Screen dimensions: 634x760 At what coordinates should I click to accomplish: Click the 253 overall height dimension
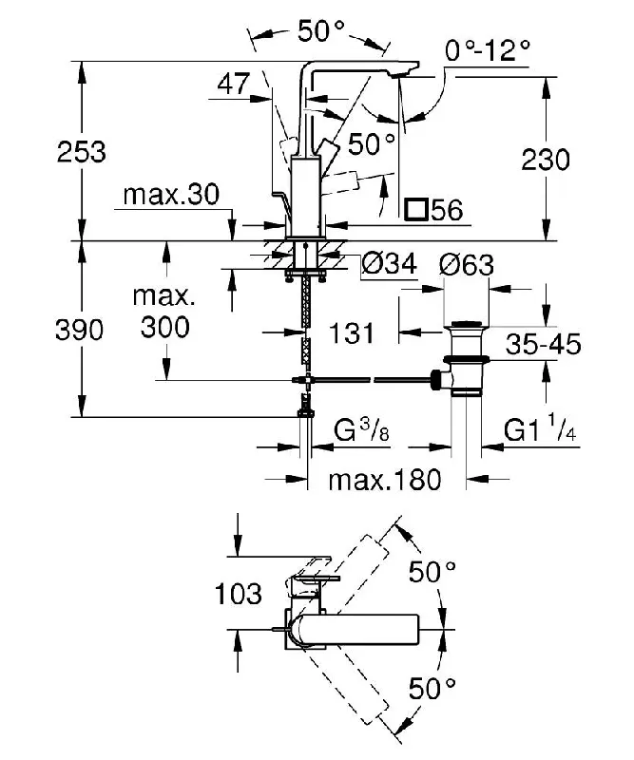coord(82,152)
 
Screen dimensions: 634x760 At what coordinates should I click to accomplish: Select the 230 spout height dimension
coord(546,160)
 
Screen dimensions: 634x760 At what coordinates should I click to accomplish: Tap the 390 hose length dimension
coord(80,330)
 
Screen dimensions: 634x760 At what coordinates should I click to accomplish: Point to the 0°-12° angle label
coord(488,50)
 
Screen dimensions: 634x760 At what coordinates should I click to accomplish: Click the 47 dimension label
coord(234,84)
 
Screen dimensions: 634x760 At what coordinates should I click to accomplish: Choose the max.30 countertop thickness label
coord(171,195)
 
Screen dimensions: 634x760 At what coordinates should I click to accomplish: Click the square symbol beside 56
coord(416,209)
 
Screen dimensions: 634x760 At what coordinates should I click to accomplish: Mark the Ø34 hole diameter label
coord(390,264)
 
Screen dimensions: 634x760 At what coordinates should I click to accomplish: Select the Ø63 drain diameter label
coord(467,265)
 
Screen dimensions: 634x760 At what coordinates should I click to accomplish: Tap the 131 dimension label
coord(352,333)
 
